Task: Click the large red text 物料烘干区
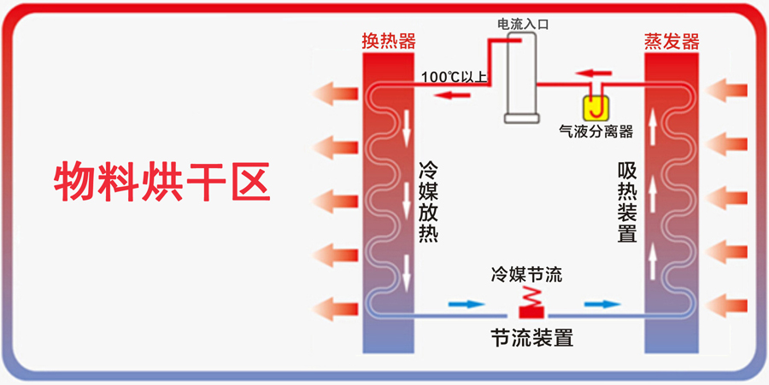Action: [161, 182]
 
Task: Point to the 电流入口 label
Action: [522, 25]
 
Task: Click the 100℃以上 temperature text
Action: [453, 78]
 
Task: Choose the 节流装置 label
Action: [531, 337]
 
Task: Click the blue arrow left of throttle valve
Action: [463, 304]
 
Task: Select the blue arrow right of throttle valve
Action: [602, 304]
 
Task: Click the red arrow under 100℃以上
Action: [452, 95]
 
